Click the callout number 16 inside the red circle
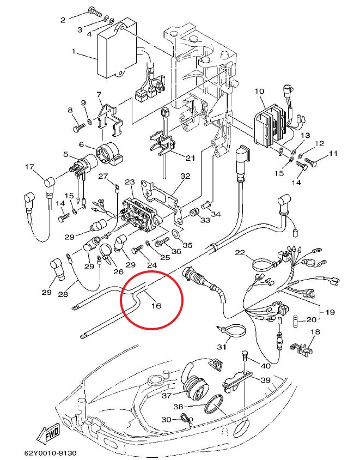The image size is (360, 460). (156, 306)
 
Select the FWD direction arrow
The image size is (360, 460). (48, 434)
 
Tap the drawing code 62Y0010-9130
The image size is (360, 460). (50, 453)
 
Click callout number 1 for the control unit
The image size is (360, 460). (74, 51)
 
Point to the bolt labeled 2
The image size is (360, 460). (94, 13)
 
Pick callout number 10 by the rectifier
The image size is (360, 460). (259, 91)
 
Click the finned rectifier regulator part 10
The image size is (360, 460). (270, 125)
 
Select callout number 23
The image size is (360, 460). (130, 182)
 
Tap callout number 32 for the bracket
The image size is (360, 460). (185, 176)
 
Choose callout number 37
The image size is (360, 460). (167, 396)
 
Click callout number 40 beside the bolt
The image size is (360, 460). (266, 366)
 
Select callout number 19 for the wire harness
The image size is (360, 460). (330, 312)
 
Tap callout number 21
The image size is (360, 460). (190, 158)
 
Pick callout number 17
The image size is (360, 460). (29, 167)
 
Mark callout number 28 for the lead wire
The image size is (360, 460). (63, 294)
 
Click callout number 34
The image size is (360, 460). (216, 214)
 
